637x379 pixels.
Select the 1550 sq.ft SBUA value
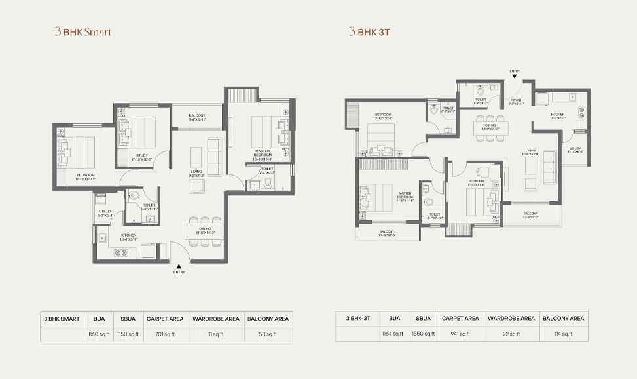(x=423, y=334)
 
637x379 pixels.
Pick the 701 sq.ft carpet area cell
(x=164, y=334)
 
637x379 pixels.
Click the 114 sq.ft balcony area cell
(x=563, y=334)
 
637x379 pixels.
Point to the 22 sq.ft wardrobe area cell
(x=511, y=334)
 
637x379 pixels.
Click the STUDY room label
(x=142, y=155)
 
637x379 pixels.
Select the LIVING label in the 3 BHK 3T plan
(x=530, y=150)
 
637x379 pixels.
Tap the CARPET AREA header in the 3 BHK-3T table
(x=460, y=318)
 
